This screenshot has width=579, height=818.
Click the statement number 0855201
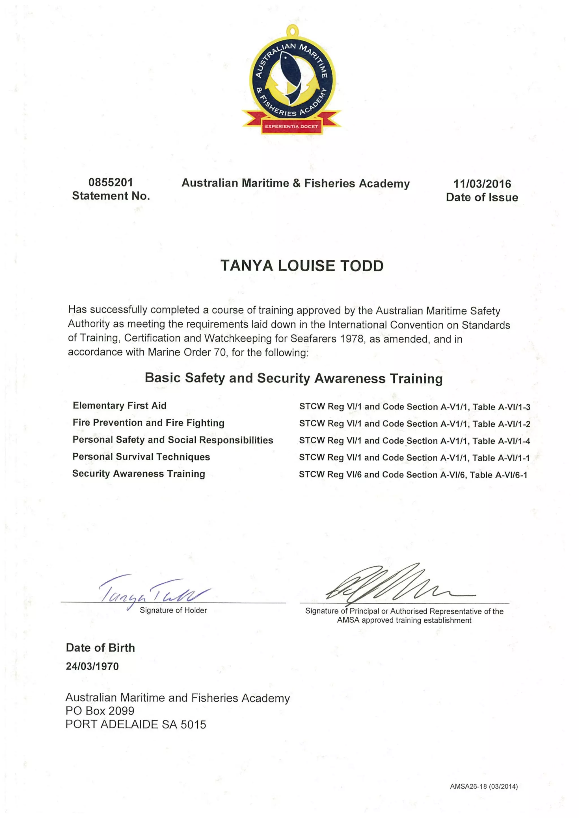coord(111,182)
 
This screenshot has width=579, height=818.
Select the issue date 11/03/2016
coord(482,184)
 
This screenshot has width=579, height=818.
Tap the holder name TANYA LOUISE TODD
coord(302,266)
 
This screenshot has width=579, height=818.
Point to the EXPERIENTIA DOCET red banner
coord(291,126)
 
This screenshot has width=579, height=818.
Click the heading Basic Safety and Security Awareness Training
coord(294,378)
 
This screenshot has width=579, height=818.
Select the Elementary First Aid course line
coord(120,405)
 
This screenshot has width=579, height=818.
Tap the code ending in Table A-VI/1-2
coord(414,424)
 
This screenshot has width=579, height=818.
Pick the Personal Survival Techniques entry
coord(141,457)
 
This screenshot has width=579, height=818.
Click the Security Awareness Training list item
coord(139,474)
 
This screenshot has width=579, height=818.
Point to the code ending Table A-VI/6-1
coord(413,475)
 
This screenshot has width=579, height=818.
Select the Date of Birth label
coord(100,647)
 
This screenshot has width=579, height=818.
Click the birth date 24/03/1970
coord(92,666)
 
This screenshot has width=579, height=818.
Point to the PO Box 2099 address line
coord(100,711)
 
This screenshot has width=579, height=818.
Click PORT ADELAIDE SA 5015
coord(136,724)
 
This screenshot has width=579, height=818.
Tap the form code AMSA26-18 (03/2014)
coord(483,786)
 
